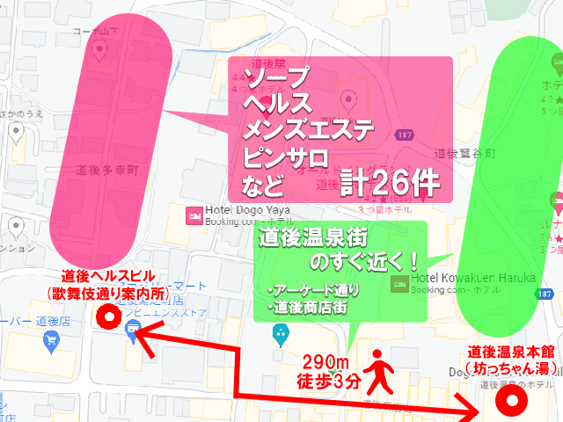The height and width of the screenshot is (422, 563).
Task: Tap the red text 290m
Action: pyautogui.click(x=325, y=363)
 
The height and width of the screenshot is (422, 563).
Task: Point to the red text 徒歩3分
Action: pyautogui.click(x=327, y=381)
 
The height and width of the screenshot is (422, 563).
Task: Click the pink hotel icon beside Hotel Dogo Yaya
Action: pyautogui.click(x=193, y=214)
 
